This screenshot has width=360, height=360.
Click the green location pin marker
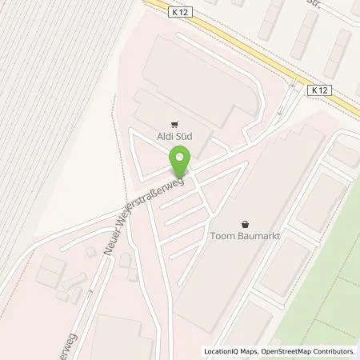point(179,164)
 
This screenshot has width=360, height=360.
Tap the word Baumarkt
point(259,236)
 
